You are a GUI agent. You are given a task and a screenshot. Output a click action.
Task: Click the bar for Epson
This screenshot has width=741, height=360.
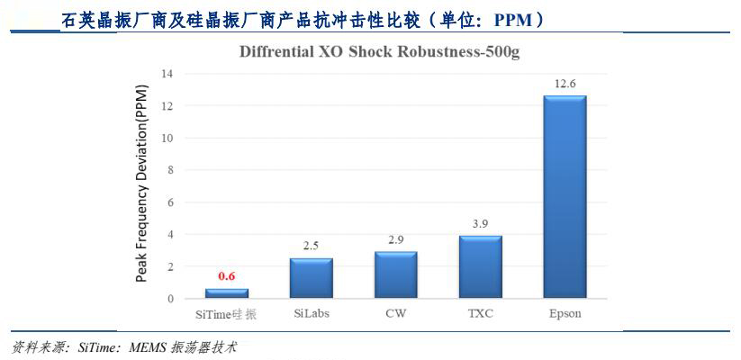(x=565, y=197)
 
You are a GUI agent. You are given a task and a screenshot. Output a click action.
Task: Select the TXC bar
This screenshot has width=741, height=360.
(x=480, y=266)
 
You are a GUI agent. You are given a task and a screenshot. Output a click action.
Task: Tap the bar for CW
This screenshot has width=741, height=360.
(x=395, y=274)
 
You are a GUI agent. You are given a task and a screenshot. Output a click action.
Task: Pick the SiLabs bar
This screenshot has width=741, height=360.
(x=312, y=278)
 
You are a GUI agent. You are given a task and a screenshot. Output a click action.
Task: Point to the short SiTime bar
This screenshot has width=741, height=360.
(x=227, y=293)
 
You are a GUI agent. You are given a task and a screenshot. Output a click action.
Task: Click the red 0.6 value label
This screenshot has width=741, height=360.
(x=227, y=276)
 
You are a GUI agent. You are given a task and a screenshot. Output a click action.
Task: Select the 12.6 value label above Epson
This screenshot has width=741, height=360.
(x=565, y=84)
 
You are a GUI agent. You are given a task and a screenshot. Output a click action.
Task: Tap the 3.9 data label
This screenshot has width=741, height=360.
(x=481, y=223)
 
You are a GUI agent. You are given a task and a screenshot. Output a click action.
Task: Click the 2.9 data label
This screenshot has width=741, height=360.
(x=396, y=239)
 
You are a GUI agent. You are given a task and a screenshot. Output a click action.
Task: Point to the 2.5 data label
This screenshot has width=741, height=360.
(x=312, y=246)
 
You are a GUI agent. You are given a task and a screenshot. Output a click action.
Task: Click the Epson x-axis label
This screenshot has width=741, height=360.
(x=565, y=314)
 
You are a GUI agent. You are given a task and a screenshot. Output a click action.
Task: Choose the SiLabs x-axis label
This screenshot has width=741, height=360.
(x=312, y=314)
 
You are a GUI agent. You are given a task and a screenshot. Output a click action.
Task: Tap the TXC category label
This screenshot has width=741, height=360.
(x=480, y=314)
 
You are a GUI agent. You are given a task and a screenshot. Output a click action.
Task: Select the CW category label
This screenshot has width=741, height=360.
(x=395, y=314)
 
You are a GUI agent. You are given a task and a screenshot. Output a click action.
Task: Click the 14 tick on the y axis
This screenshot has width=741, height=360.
(x=167, y=73)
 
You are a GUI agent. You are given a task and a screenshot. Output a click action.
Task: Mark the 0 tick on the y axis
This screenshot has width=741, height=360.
(x=169, y=299)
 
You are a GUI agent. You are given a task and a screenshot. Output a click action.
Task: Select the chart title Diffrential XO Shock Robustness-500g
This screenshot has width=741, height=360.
(x=379, y=51)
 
